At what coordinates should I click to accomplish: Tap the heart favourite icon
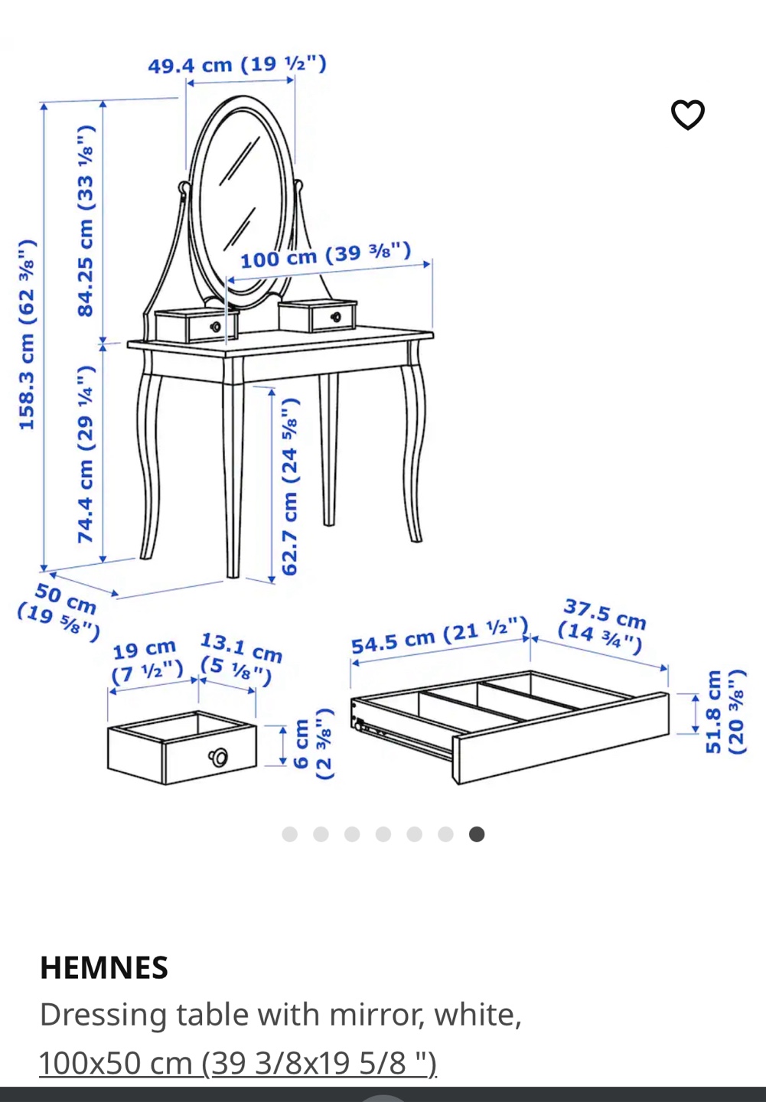pos(688,115)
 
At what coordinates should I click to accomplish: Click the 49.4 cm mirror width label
pos(237,64)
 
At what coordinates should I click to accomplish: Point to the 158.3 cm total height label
pos(27,334)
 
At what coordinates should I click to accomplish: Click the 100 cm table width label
pos(325,255)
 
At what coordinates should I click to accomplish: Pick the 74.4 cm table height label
pos(86,455)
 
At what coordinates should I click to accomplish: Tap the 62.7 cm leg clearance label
pos(290,486)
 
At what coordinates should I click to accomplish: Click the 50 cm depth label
pos(59,611)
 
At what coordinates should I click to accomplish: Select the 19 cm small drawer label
pos(147,662)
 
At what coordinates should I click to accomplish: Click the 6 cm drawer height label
pos(314,743)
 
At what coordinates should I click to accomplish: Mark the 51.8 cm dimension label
pos(726,712)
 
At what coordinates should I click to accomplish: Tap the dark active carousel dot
pos(476,834)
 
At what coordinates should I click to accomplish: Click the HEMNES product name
pos(104,967)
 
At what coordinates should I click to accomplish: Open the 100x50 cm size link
pos(238,1063)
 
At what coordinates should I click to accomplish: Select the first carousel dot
pos(289,834)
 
